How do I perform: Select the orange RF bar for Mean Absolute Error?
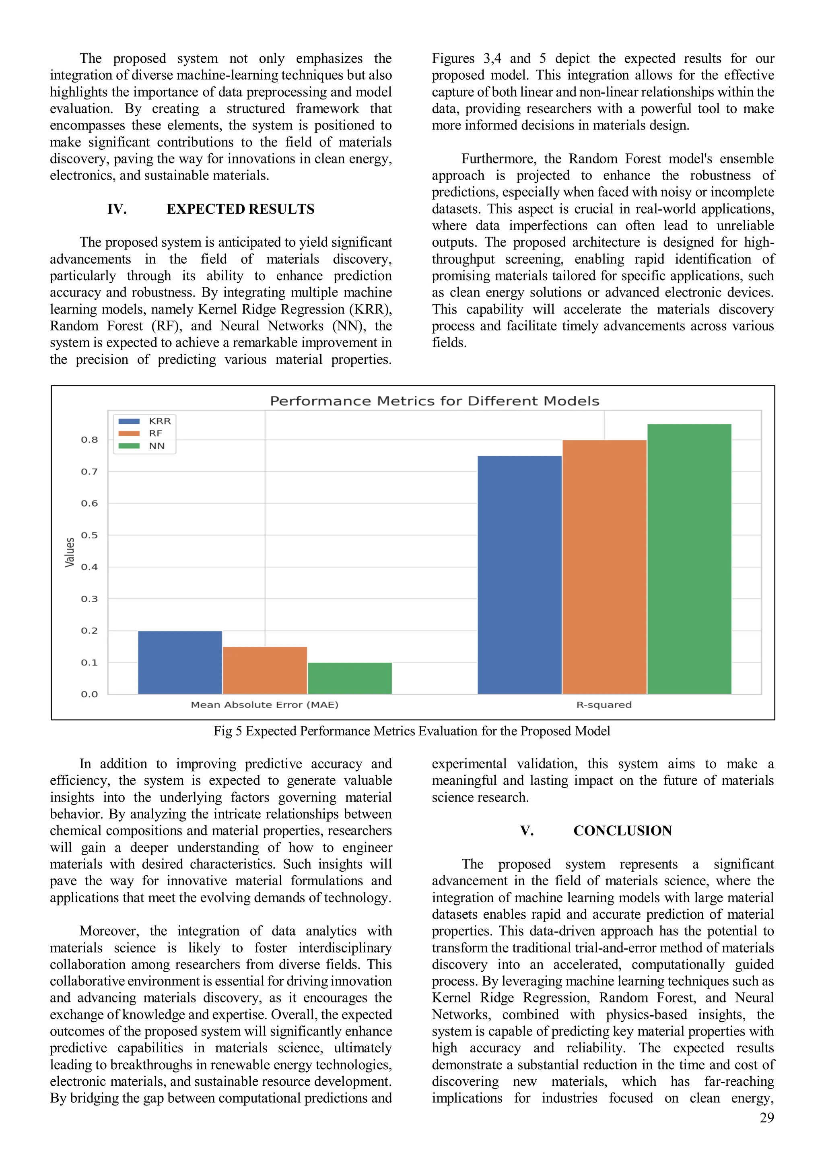[265, 670]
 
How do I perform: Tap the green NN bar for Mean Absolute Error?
[350, 678]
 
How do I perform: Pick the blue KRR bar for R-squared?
[519, 575]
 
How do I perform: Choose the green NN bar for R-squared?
[689, 559]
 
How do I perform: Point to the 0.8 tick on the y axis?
[89, 440]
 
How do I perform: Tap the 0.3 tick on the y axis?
[89, 599]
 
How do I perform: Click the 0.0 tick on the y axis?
[89, 694]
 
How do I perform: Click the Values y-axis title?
[70, 552]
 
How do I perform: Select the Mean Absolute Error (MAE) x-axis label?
[264, 705]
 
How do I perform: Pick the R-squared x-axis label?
[604, 705]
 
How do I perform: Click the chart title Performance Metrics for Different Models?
[434, 401]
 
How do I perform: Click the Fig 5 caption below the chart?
[412, 731]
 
